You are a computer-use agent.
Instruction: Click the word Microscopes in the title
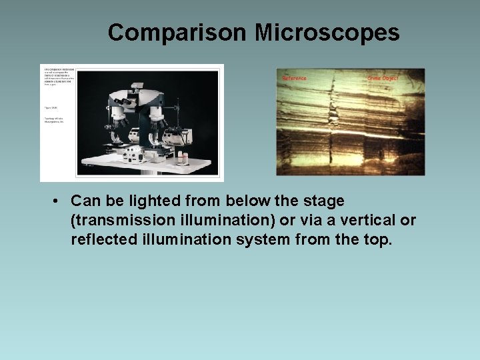[x=320, y=32]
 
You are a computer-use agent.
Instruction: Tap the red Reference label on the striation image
[x=294, y=79]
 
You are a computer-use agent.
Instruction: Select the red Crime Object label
[x=383, y=79]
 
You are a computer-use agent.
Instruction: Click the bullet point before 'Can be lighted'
[x=59, y=201]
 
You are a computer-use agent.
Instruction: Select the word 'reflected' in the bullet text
[x=101, y=239]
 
